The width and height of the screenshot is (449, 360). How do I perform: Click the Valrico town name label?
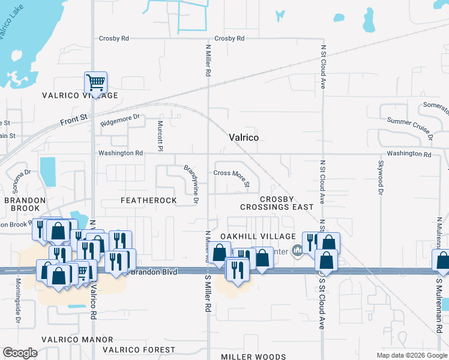pos(244,137)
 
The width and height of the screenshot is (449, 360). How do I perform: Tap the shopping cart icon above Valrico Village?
pos(95,82)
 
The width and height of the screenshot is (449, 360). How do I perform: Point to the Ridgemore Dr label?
pos(120,119)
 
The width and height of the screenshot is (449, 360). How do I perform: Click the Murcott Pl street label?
pos(160,135)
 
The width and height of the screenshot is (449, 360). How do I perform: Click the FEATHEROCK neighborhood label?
pos(149,200)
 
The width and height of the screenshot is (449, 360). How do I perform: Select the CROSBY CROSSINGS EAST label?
pos(277,203)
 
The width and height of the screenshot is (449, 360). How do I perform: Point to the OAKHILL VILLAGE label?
pos(258,237)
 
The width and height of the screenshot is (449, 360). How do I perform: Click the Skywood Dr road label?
pos(380,178)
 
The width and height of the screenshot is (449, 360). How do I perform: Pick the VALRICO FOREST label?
pos(139,350)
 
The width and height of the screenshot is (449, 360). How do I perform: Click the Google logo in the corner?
pos(20,353)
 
